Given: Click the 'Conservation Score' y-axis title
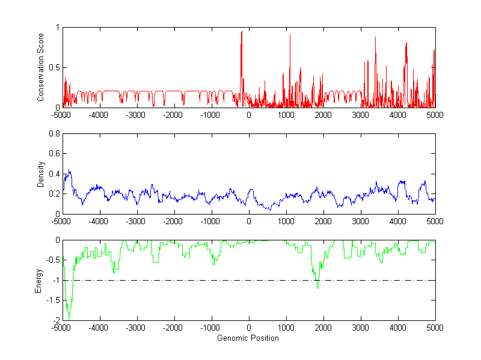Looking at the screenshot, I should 41,67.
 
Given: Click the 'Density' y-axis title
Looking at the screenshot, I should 41,174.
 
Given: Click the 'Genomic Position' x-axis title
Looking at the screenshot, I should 248,338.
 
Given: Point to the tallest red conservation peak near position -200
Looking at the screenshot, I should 242,32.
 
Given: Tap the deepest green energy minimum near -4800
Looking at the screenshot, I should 69,317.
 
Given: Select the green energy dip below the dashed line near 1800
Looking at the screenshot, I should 317,288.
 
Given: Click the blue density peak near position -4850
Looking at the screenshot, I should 70,171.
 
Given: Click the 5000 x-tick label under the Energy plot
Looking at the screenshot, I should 435,328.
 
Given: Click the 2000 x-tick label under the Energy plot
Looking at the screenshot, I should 323,328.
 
